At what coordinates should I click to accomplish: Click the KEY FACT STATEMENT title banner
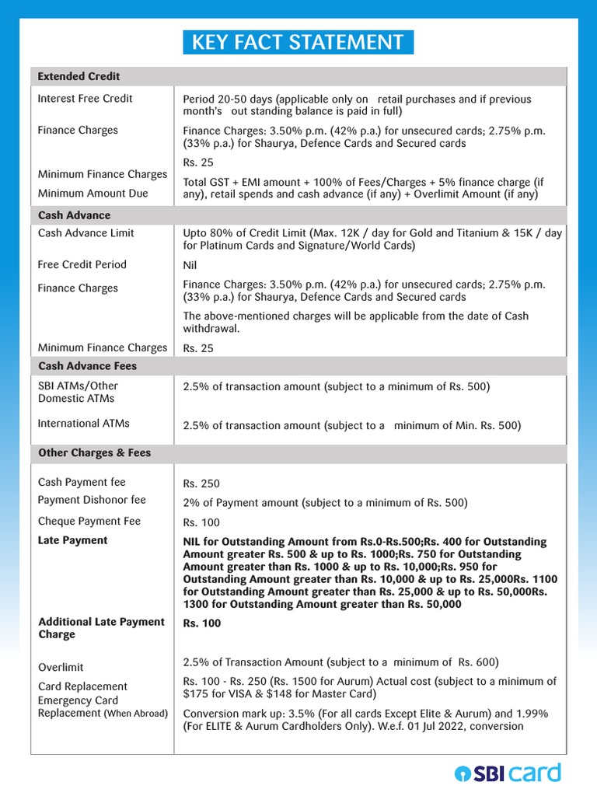298,42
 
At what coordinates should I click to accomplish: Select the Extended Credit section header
79,76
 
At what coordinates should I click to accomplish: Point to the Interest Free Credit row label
85,99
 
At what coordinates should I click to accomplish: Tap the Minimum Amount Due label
93,194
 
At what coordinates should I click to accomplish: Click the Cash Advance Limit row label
86,233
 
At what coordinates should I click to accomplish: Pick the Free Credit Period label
82,265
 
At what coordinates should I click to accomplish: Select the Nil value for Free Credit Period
190,266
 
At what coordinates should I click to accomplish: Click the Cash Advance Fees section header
87,366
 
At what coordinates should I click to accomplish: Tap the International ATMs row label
83,424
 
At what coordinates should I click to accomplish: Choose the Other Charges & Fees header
94,453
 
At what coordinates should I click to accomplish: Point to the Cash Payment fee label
81,483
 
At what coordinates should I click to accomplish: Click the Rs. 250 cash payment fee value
201,484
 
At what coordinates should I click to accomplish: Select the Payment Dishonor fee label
92,500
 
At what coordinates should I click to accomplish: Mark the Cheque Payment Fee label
89,522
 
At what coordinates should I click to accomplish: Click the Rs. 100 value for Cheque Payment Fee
201,522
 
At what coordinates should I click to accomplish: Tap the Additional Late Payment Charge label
101,628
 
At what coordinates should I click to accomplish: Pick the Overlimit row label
61,668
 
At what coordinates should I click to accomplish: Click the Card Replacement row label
82,686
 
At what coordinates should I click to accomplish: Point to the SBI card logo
507,773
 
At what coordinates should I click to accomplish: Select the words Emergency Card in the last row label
78,700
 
